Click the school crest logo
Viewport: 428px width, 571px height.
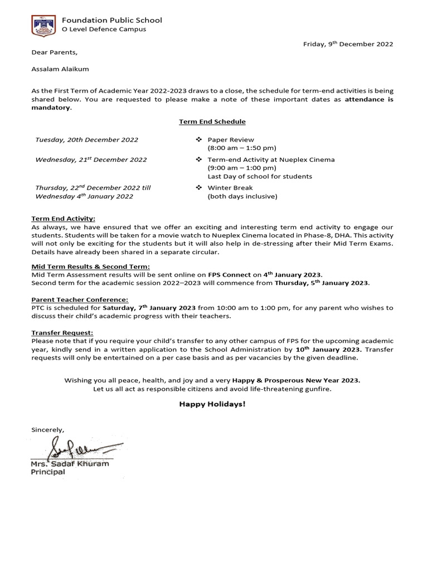[42, 25]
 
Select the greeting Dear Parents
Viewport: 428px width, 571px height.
[55, 53]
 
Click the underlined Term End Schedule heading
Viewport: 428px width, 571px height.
[212, 122]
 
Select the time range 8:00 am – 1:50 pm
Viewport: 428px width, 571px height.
[241, 148]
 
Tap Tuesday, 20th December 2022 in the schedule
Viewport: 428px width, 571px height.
[87, 140]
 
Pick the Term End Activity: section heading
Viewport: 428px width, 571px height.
[63, 219]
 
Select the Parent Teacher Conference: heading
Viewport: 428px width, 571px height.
[80, 299]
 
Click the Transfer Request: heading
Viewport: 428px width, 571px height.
[62, 332]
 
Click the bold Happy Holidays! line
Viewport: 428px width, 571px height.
[212, 404]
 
